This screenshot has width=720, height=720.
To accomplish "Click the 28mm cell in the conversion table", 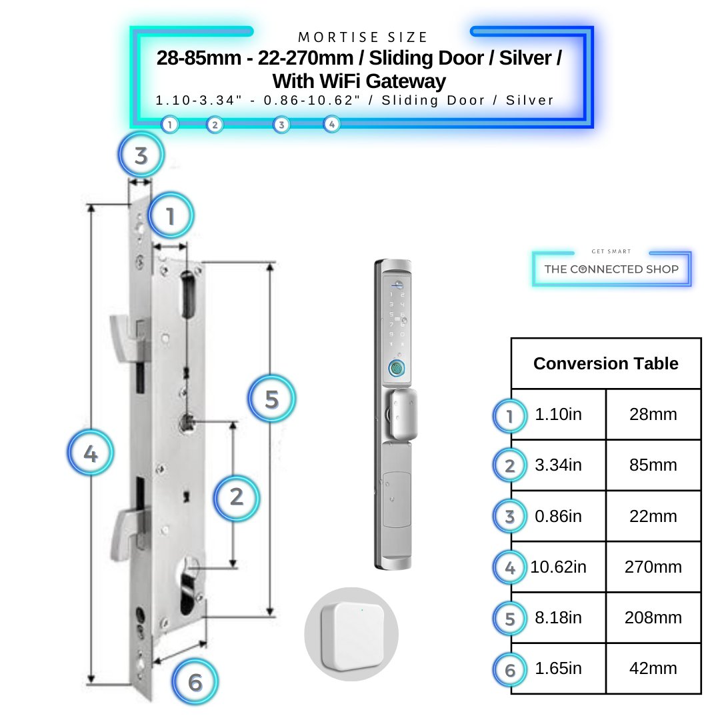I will click(653, 415).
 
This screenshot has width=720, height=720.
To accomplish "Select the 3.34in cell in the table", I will click(558, 465).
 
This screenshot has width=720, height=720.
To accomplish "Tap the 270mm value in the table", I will click(653, 567).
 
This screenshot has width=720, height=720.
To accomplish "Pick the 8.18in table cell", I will click(558, 618).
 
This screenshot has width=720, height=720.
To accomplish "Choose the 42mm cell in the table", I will click(653, 669).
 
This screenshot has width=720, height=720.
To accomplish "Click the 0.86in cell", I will click(558, 517).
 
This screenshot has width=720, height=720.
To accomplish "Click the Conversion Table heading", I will click(605, 363).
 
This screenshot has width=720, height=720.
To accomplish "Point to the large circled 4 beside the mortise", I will click(91, 455).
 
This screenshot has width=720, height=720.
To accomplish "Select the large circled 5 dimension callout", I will click(271, 399).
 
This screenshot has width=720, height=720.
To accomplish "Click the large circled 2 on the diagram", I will click(236, 497).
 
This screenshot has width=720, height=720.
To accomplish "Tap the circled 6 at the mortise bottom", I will click(195, 682).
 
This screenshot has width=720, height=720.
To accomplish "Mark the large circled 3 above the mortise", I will click(141, 156).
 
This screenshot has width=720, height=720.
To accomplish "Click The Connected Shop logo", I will click(611, 269).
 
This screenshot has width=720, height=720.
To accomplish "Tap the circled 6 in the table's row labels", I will click(510, 669).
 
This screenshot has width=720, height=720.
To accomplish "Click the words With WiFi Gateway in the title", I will click(359, 81).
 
